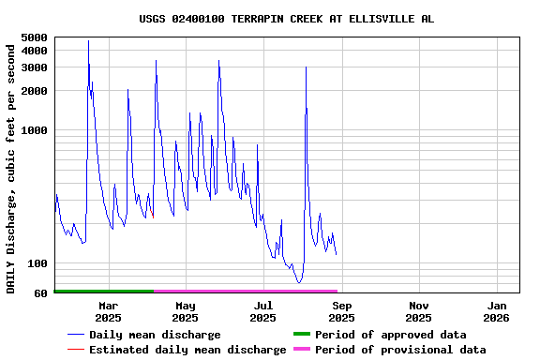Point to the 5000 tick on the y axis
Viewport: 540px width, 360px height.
[34, 37]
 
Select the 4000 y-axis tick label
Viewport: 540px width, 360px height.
[34, 50]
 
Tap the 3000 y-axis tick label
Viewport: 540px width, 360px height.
[34, 67]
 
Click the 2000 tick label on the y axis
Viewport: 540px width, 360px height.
[34, 90]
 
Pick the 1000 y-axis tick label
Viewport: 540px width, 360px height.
[34, 130]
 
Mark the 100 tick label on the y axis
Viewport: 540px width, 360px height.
[37, 263]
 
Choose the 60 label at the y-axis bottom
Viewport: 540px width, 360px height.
[40, 293]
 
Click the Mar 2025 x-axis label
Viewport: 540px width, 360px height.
[108, 311]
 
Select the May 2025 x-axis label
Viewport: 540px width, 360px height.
[186, 311]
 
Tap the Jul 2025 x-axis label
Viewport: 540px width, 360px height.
[263, 311]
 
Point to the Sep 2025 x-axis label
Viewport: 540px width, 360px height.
[341, 311]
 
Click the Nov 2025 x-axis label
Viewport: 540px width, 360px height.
[419, 311]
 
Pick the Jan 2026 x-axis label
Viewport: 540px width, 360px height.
[497, 311]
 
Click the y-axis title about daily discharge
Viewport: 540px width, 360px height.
[11, 167]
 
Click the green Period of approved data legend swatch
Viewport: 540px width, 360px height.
[301, 335]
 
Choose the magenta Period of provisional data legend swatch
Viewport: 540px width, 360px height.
[301, 350]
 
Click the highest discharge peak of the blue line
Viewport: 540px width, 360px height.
[88, 41]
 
